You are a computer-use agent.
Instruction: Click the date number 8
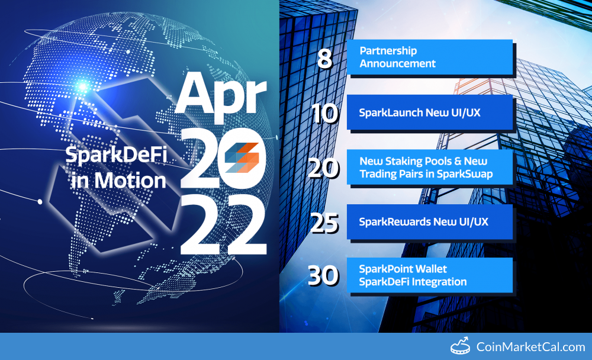(x=324, y=59)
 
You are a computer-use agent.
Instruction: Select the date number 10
(x=324, y=113)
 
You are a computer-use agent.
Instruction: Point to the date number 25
(x=324, y=223)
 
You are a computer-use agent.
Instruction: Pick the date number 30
(x=323, y=275)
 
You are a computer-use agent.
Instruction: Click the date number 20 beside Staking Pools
(x=324, y=168)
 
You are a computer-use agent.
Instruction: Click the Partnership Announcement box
(x=430, y=57)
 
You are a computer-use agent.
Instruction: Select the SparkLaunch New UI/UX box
(x=430, y=112)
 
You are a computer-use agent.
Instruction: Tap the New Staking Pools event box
(x=430, y=167)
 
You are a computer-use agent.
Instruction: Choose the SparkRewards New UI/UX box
(x=430, y=221)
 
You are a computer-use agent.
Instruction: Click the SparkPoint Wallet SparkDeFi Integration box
(x=430, y=275)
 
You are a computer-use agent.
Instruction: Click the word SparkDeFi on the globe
(x=116, y=155)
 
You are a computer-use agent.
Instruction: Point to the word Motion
(x=130, y=180)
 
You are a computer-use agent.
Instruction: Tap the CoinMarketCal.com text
(x=530, y=347)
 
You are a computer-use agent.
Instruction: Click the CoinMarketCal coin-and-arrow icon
(x=460, y=346)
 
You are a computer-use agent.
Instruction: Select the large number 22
(x=224, y=226)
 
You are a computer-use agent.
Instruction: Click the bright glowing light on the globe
(x=82, y=87)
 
